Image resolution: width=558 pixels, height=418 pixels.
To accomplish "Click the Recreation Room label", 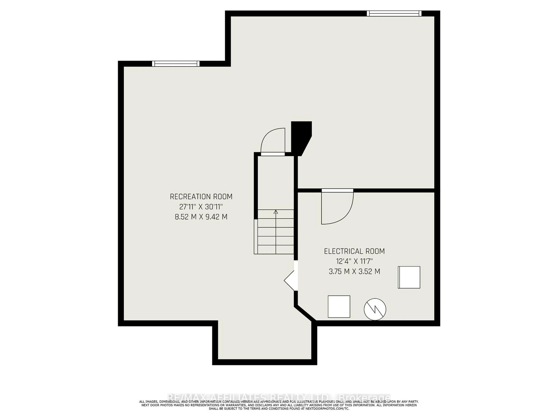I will [x=201, y=197].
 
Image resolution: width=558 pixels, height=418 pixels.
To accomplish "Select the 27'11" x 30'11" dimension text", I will [x=201, y=207].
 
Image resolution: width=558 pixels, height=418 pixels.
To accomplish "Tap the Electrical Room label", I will [x=354, y=251].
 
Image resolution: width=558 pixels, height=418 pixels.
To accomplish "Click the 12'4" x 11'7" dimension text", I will [x=354, y=261].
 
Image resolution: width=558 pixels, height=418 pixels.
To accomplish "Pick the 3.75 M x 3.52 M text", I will [x=354, y=271].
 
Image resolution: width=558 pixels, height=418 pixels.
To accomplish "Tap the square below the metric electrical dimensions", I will [x=409, y=277].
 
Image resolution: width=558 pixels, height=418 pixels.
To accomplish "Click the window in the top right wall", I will [x=394, y=13].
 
